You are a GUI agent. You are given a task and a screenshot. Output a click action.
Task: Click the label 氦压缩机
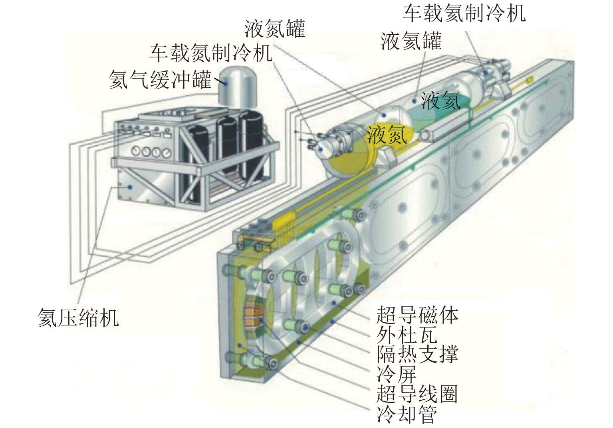(78, 318)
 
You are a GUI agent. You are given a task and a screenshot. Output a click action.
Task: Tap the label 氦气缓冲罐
(160, 79)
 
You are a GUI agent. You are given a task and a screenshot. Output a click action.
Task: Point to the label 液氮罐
(274, 29)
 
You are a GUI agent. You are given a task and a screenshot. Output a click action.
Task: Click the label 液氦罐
(411, 41)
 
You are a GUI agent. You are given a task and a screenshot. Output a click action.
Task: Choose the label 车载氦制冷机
(464, 13)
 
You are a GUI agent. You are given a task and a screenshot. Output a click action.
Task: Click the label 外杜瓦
(407, 335)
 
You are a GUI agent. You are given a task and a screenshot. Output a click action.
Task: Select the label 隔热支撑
(417, 354)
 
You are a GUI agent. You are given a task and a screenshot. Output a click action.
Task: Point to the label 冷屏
(397, 374)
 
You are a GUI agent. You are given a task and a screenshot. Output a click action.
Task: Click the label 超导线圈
(417, 394)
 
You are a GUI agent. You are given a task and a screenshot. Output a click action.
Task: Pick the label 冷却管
(407, 414)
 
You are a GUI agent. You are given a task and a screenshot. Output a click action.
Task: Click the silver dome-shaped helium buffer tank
(238, 87)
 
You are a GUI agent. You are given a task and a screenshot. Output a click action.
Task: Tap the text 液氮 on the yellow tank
(387, 135)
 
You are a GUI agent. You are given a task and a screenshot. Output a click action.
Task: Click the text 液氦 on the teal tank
(440, 100)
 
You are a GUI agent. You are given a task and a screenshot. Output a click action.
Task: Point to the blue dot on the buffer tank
(226, 83)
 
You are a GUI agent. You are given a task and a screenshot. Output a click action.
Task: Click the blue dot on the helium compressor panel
(131, 187)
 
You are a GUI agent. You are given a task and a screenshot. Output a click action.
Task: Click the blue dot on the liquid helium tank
(414, 101)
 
